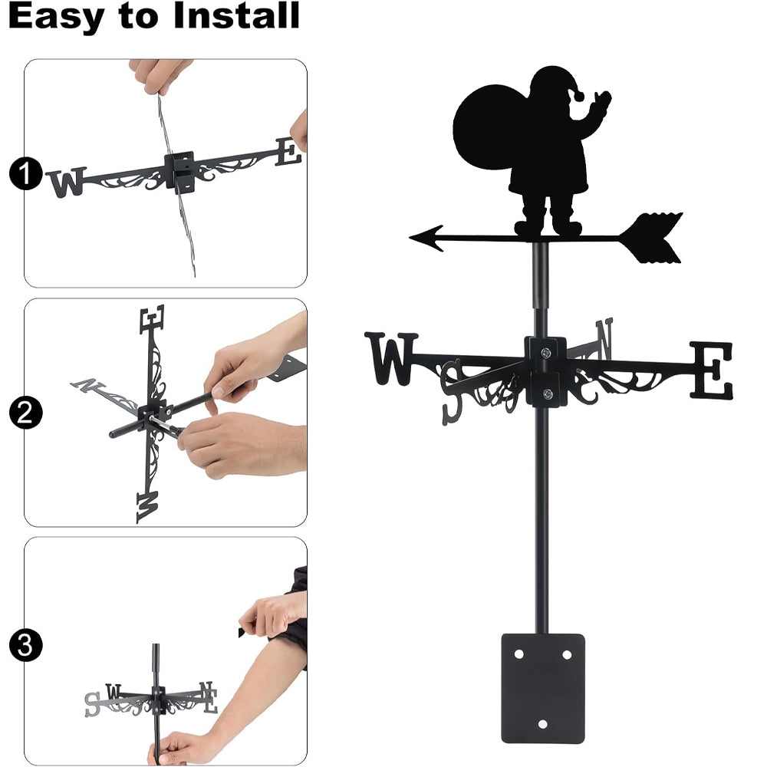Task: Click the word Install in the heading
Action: point(236,15)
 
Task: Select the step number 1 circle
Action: point(26,173)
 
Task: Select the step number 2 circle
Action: point(26,413)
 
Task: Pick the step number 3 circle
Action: point(26,645)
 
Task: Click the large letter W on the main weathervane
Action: point(391,358)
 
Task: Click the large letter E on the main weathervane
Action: point(711,370)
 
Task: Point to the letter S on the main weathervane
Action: point(452,392)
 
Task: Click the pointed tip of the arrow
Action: point(410,239)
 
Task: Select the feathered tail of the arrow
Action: point(650,239)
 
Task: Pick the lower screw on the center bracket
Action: point(548,393)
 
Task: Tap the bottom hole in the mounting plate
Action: point(542,724)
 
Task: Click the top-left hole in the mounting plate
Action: point(518,653)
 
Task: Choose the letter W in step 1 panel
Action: point(67,183)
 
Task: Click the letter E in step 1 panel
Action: point(288,152)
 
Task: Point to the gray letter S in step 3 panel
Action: point(92,704)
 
